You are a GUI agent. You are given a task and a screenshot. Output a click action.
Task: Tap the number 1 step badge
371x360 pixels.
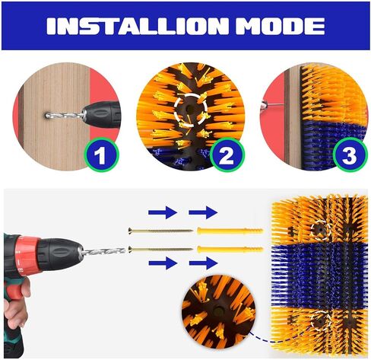click(102, 155)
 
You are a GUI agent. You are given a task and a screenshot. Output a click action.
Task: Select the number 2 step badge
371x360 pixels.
click(227, 155)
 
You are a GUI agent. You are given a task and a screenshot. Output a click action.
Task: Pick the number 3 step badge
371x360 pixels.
click(350, 155)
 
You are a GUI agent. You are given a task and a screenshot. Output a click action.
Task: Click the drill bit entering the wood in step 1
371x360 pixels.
click(65, 116)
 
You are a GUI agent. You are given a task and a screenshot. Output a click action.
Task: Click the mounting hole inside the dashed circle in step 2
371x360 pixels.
click(189, 109)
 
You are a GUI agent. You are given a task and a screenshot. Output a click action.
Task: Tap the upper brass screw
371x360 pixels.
click(160, 231)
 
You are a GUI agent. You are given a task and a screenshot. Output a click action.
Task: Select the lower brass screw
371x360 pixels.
click(160, 249)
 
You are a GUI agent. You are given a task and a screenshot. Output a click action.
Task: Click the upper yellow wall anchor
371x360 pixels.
click(230, 231)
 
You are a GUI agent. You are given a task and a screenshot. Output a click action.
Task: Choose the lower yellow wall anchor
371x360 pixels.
click(230, 250)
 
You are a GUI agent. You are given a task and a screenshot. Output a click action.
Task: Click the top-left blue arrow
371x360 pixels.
click(163, 212)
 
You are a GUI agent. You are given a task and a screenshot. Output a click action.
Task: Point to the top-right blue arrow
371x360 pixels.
click(203, 212)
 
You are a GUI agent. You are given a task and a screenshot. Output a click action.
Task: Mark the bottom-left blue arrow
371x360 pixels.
click(163, 263)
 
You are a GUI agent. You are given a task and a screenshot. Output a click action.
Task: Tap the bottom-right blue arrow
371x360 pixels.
click(203, 263)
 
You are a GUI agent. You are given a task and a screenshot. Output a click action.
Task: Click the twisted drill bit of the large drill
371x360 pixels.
click(103, 252)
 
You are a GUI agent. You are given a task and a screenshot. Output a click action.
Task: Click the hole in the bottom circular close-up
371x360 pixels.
click(218, 311)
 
